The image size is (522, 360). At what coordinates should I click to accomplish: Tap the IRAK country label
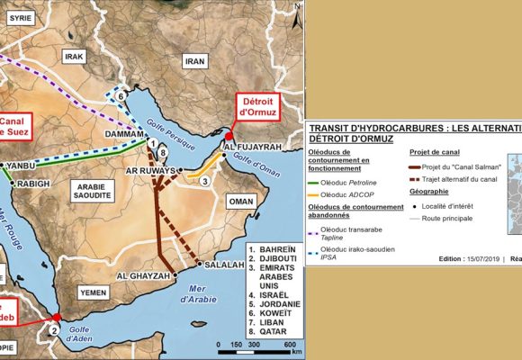(73, 57)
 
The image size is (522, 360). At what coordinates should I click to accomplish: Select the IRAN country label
(194, 61)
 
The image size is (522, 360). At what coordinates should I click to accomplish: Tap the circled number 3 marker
(204, 181)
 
